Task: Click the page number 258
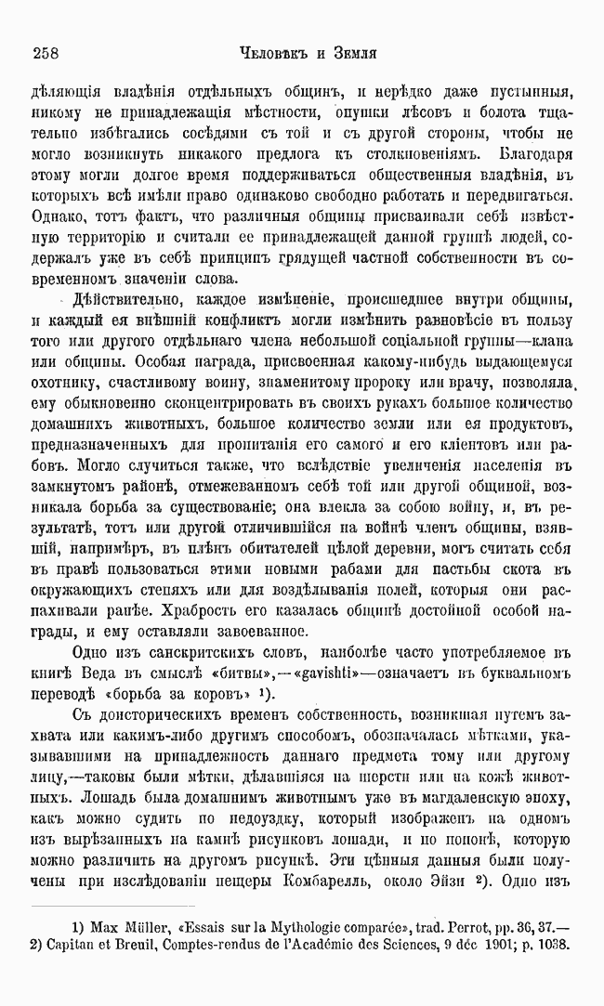tap(46, 53)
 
